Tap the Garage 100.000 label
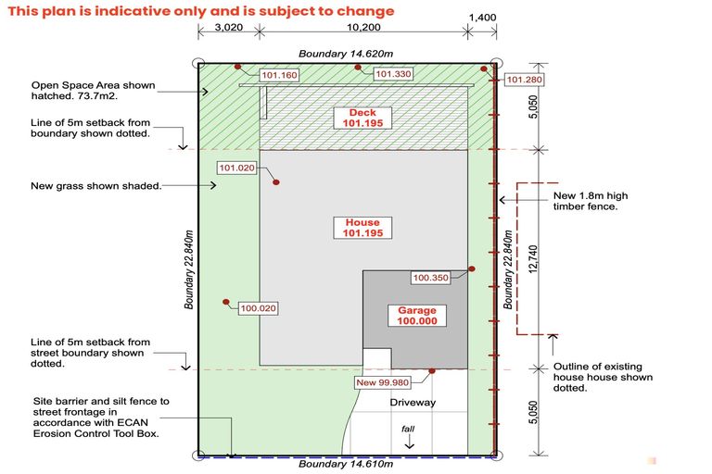tap(416, 316)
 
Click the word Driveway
tap(413, 403)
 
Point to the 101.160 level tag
tap(279, 75)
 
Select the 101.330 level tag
tap(393, 74)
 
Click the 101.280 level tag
tap(525, 80)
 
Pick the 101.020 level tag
tap(236, 168)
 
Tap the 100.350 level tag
tap(430, 277)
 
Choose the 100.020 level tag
tap(259, 308)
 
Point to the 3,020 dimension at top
tap(227, 28)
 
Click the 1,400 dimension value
tap(483, 17)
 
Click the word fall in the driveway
tap(408, 430)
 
